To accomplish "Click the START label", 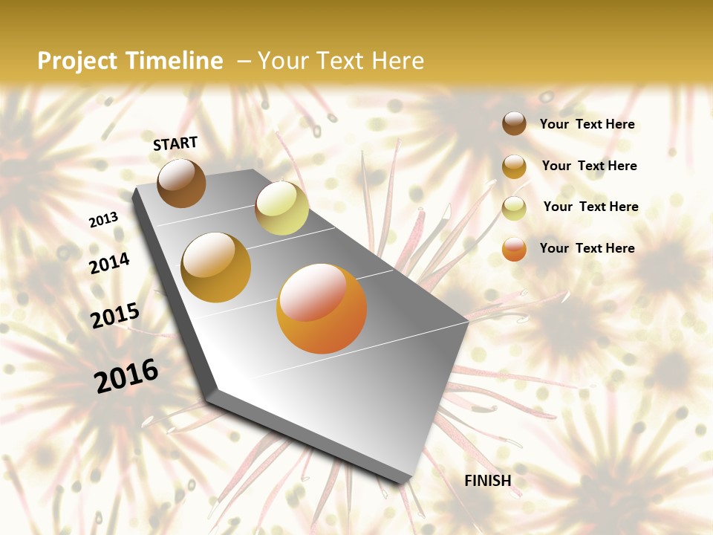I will point(175,143).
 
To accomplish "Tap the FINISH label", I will point(488,481).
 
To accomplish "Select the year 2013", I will point(103,220).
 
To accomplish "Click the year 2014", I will point(109,263).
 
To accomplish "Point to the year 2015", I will point(115,316).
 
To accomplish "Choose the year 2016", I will point(126,375).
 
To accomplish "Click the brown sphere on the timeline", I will point(181,183).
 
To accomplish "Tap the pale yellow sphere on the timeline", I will point(281,208).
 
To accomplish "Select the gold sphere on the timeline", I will point(215,267).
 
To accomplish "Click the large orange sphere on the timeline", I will point(322,308).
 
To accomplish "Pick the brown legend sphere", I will point(514,123).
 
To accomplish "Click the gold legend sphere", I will point(514,166).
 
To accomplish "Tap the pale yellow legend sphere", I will point(514,208).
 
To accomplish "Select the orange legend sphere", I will point(514,249).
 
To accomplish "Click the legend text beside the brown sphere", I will point(587,124).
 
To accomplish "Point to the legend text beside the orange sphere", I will point(587,248).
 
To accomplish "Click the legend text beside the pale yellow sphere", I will point(590,207).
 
